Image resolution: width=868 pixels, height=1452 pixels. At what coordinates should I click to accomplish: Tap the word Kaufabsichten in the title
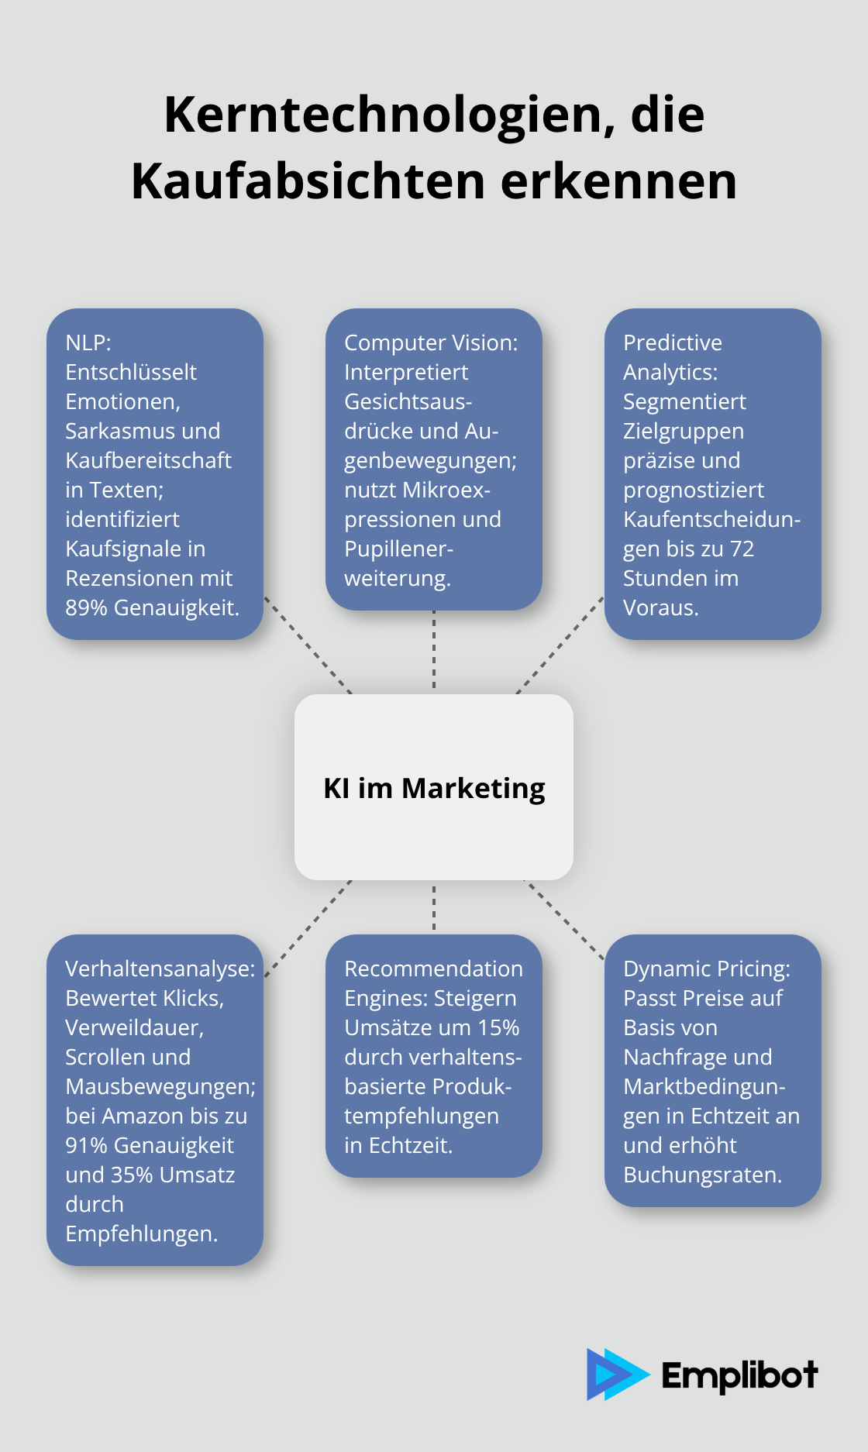(308, 181)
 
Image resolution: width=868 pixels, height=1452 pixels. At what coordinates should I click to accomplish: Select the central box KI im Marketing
(434, 787)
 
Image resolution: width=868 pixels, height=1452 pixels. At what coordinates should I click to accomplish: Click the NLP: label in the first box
(88, 342)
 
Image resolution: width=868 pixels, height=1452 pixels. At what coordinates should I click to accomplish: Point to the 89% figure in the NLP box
(86, 607)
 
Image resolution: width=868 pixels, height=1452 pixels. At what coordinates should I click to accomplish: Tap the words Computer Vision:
(431, 342)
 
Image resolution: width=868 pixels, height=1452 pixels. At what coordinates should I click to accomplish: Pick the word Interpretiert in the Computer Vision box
(406, 372)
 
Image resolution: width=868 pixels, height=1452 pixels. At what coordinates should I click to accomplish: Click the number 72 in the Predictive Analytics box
(742, 549)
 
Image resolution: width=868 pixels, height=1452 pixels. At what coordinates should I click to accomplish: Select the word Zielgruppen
(683, 431)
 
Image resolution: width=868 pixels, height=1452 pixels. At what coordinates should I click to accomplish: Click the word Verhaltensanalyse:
(160, 969)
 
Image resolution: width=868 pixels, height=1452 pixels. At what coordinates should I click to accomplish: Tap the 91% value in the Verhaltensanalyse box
(86, 1145)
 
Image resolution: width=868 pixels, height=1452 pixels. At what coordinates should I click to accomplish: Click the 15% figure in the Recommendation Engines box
(498, 1027)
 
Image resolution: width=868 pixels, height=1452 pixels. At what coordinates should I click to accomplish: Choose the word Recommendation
(433, 969)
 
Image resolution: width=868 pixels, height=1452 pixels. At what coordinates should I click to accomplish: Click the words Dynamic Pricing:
(706, 969)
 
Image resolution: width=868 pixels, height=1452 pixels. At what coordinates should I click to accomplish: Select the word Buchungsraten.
(702, 1175)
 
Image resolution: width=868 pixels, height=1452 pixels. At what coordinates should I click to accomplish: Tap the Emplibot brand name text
(739, 1375)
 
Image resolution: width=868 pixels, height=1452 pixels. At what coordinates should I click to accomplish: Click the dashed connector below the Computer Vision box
(434, 651)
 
